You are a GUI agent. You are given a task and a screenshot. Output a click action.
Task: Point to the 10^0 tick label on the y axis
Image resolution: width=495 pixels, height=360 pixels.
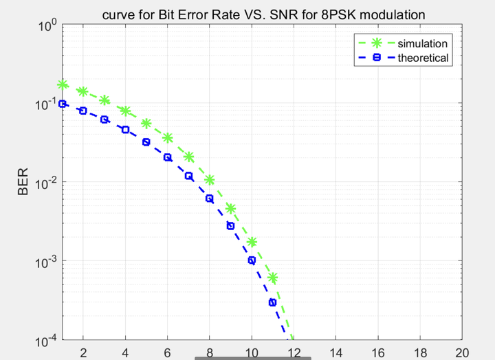click(x=47, y=27)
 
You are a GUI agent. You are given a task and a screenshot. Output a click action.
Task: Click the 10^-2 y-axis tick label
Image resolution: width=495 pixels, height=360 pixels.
click(x=46, y=183)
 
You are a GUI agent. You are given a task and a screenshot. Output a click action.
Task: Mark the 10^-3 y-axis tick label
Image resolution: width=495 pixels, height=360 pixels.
click(x=46, y=262)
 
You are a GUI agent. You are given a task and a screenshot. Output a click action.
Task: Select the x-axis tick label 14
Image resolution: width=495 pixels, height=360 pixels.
click(x=336, y=352)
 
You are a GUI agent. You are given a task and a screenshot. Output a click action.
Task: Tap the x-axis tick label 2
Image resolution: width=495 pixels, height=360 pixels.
click(x=83, y=352)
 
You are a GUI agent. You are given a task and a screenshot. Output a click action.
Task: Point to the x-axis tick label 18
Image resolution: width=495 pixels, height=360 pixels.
click(x=420, y=352)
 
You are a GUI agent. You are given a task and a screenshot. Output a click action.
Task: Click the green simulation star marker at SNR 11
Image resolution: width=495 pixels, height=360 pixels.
click(x=272, y=278)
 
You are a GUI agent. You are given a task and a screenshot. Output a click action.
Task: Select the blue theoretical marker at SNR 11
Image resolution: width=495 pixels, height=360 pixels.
click(x=272, y=302)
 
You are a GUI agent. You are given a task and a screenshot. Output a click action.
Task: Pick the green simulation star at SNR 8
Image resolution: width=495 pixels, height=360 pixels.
click(x=210, y=180)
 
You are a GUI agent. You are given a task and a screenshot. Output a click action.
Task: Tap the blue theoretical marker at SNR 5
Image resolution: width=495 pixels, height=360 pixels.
click(x=146, y=142)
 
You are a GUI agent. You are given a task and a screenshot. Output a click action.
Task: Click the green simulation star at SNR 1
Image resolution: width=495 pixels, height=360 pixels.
click(x=63, y=85)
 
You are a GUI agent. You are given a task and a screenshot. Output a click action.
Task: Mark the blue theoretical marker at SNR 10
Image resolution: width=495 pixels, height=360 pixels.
click(x=252, y=260)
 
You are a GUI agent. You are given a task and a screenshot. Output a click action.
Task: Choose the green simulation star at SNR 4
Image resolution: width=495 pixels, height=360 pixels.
click(x=126, y=111)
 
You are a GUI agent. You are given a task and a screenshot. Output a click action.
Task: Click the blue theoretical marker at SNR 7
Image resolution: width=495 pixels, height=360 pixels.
click(x=188, y=176)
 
